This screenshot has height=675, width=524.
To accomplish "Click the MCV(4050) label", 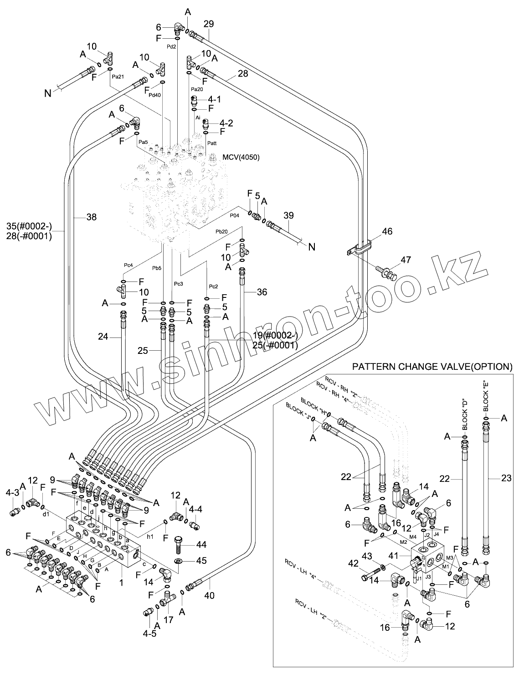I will point(241,158).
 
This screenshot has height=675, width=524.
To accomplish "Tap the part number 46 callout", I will point(387,232).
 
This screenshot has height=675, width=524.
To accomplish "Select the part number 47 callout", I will point(406,260).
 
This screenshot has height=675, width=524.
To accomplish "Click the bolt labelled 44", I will point(178,544).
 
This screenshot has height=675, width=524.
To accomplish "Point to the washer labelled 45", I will point(178,561).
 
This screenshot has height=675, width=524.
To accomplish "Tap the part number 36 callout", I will point(262,292).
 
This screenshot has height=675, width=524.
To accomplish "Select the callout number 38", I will point(92,217).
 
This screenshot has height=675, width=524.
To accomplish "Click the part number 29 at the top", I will point(209,24).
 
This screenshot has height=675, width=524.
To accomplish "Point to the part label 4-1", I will point(214,99).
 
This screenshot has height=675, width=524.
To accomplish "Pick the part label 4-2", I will point(226,123).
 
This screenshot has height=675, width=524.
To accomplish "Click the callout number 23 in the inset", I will point(506,478).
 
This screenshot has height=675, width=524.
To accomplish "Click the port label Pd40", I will point(155,95).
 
